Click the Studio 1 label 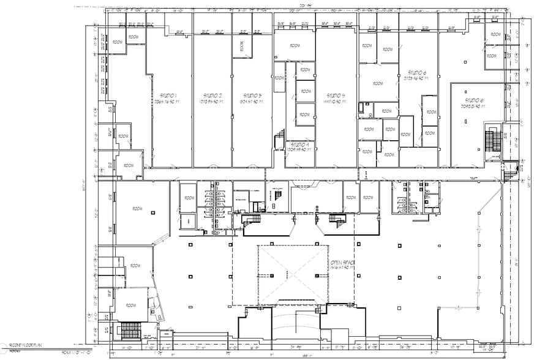click(x=168, y=99)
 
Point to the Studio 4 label click(x=300, y=146)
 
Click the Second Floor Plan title click(x=26, y=347)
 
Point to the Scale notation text click(x=75, y=353)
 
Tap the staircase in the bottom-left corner click(x=129, y=331)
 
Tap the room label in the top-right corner click(x=494, y=35)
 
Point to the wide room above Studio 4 click(x=295, y=45)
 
